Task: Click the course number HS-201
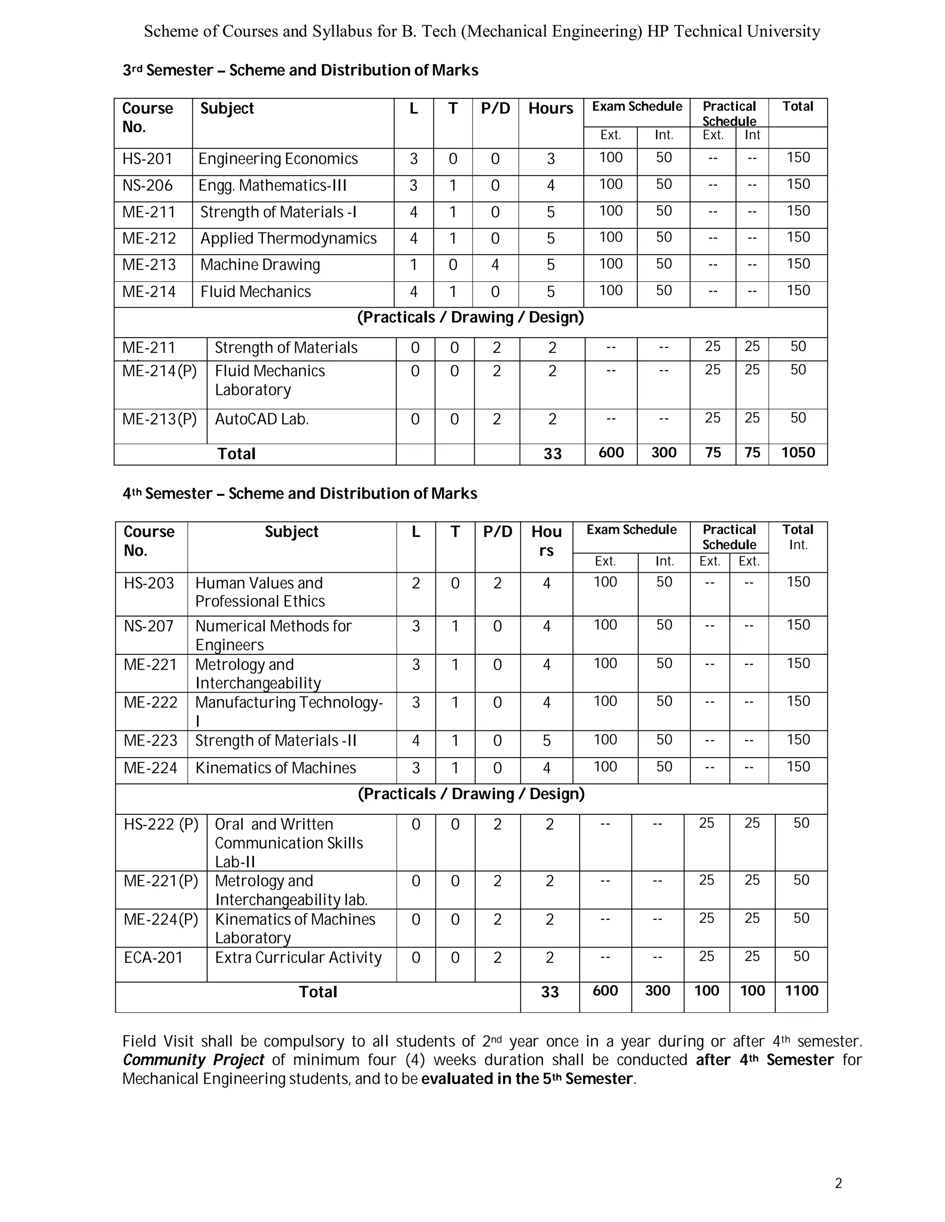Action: (147, 159)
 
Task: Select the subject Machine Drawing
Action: (260, 265)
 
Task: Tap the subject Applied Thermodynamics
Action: (288, 238)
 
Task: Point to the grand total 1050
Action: (798, 453)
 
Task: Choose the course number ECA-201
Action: (153, 957)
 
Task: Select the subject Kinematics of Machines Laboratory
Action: (294, 928)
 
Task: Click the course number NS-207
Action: (149, 626)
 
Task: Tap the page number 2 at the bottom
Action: (838, 1183)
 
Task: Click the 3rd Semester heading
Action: (300, 71)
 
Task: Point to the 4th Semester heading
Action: (299, 493)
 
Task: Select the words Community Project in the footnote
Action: (193, 1060)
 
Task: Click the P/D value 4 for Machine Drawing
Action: (496, 265)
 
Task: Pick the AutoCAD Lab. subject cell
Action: (262, 419)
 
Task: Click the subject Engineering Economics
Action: (278, 159)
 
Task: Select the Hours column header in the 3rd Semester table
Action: (551, 108)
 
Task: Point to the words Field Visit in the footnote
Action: (158, 1041)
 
